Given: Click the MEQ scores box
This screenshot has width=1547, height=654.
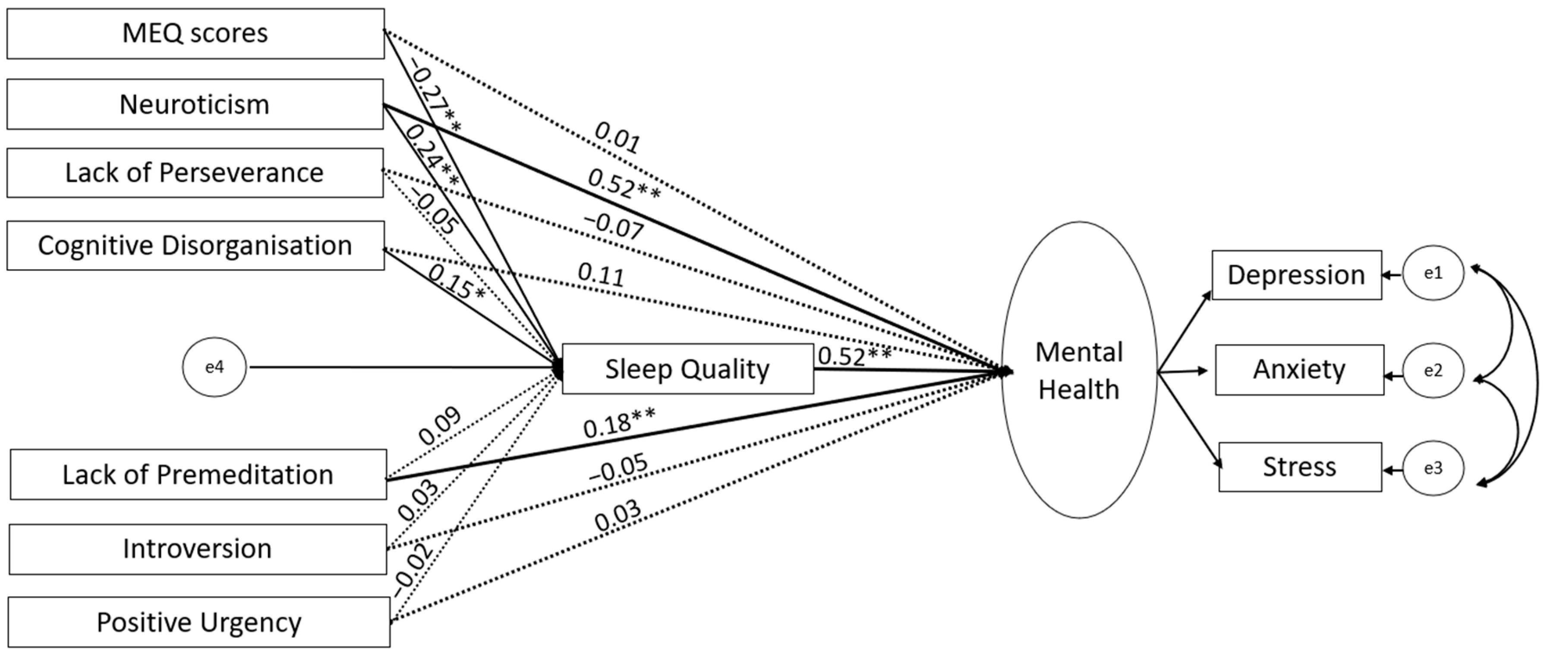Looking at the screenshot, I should (195, 34).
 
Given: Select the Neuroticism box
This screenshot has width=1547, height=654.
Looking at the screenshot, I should (195, 104).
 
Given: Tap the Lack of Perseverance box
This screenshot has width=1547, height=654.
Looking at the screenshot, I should (195, 173).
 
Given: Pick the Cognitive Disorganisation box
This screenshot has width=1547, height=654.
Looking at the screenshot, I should (195, 245).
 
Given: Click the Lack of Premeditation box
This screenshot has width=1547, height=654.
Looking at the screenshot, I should (198, 475).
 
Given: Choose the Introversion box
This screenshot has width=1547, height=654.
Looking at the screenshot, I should (198, 549).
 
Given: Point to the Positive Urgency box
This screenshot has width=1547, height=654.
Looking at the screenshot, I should (199, 622).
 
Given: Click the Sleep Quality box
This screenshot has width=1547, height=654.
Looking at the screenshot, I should (687, 369).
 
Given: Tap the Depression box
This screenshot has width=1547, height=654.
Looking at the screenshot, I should (1297, 275).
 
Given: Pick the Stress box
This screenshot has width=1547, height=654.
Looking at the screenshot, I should (1300, 467).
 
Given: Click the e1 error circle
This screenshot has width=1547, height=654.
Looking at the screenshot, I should (1434, 273).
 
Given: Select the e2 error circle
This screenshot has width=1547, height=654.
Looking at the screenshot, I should (1434, 371).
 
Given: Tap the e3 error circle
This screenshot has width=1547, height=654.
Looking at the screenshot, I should (1434, 468).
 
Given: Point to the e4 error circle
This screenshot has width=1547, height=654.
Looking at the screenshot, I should (214, 367).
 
